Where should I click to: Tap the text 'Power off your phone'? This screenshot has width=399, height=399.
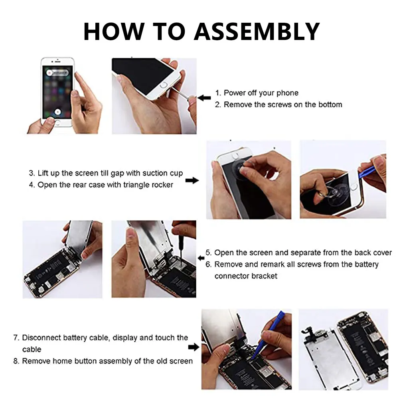click(x=261, y=93)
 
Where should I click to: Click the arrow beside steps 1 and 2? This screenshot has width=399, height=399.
click(x=204, y=98)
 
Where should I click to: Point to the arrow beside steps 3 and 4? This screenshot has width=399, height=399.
click(x=192, y=180)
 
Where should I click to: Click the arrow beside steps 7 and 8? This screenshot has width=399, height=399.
click(x=194, y=347)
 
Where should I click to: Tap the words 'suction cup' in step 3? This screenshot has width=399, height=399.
click(x=163, y=173)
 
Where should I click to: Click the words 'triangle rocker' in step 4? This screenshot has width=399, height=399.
click(x=148, y=185)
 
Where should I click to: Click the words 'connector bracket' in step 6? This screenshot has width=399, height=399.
click(x=246, y=276)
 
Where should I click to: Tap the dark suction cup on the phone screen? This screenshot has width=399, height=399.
click(x=241, y=168)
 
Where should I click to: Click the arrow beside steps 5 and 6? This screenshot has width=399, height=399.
click(x=201, y=258)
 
